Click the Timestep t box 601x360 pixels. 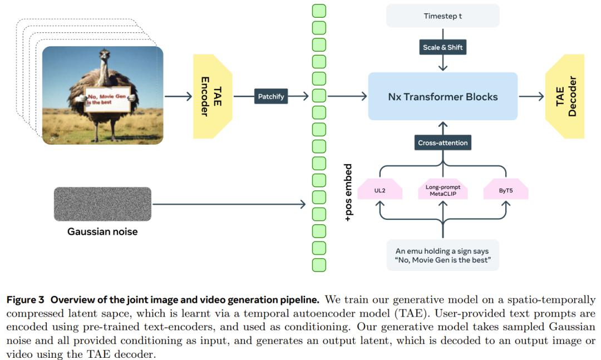click(443, 16)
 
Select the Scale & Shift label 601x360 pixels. click(443, 47)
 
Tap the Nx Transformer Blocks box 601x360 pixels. click(443, 96)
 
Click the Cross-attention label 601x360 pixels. click(443, 142)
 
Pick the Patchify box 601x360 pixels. click(271, 96)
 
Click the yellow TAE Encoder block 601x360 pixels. click(213, 96)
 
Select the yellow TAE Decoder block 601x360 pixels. click(565, 96)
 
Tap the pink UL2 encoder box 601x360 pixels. click(380, 189)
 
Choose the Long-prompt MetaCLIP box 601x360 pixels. click(443, 189)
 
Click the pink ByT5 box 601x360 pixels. click(506, 189)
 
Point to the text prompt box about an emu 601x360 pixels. click(443, 255)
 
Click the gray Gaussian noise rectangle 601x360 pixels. click(102, 204)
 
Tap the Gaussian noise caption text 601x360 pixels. click(102, 231)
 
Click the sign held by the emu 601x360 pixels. click(108, 99)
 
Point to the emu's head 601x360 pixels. click(104, 54)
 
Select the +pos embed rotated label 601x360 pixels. click(348, 193)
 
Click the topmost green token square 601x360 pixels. click(319, 11)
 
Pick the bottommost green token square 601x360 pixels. click(319, 265)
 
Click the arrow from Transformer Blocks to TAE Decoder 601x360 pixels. click(531, 96)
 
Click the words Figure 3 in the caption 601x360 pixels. click(25, 300)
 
